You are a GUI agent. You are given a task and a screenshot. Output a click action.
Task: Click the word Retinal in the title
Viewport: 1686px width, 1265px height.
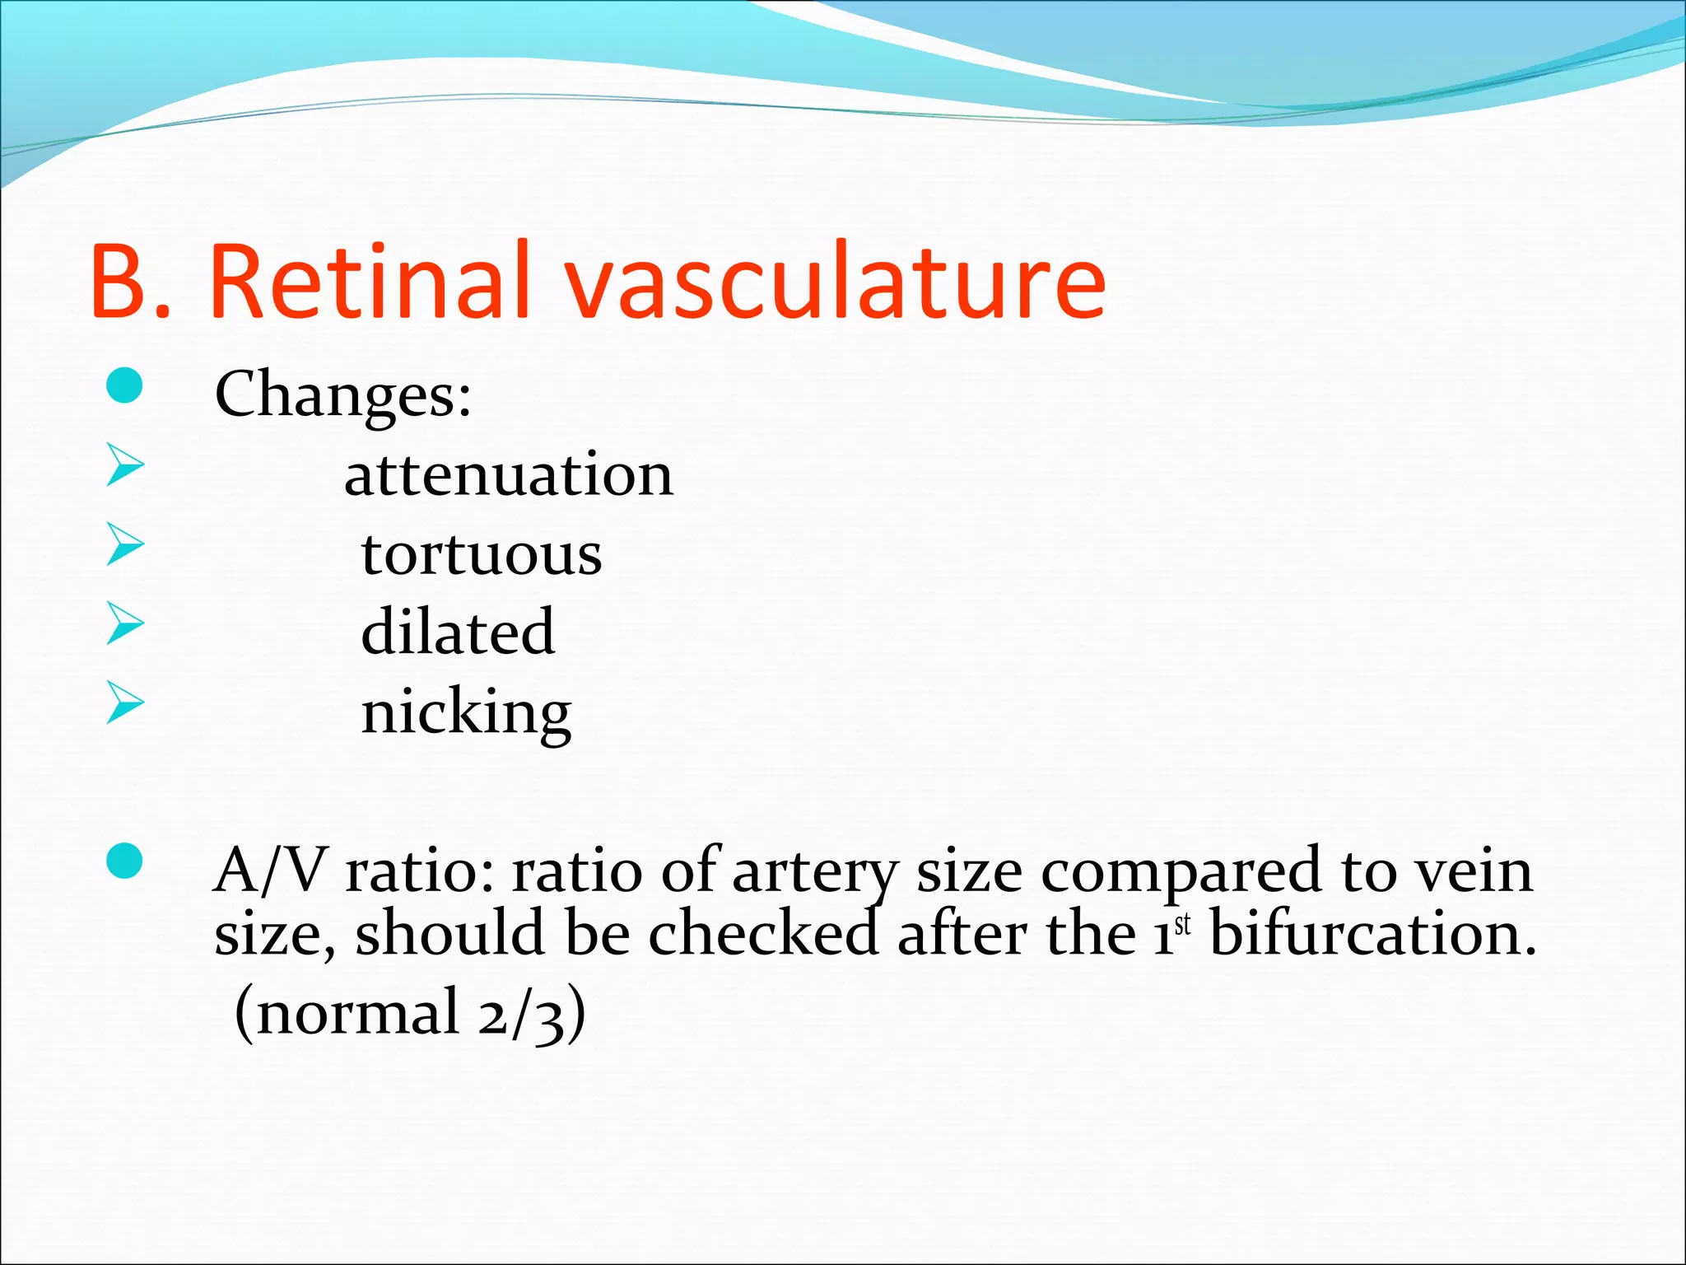pos(368,280)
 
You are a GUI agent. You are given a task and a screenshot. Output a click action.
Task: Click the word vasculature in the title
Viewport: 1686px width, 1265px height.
pos(835,280)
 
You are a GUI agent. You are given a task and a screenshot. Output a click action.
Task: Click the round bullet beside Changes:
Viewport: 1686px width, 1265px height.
pos(125,385)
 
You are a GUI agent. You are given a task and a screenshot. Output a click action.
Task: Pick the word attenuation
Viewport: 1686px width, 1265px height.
pos(509,476)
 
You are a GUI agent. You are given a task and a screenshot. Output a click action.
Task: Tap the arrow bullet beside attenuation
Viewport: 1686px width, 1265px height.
pos(125,465)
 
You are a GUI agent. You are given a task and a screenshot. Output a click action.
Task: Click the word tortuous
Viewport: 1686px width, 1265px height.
pos(482,554)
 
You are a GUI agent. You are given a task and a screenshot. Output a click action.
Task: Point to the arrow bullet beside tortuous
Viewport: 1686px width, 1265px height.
pos(125,544)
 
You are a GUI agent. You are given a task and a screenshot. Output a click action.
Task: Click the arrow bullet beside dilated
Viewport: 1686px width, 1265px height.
pos(125,623)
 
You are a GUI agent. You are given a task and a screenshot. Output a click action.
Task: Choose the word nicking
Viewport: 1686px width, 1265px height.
pos(466,712)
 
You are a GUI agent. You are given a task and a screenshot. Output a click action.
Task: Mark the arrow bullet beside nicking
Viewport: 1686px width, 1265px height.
pos(125,703)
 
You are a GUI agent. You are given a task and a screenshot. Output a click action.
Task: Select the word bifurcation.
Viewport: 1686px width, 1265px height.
pos(1372,936)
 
